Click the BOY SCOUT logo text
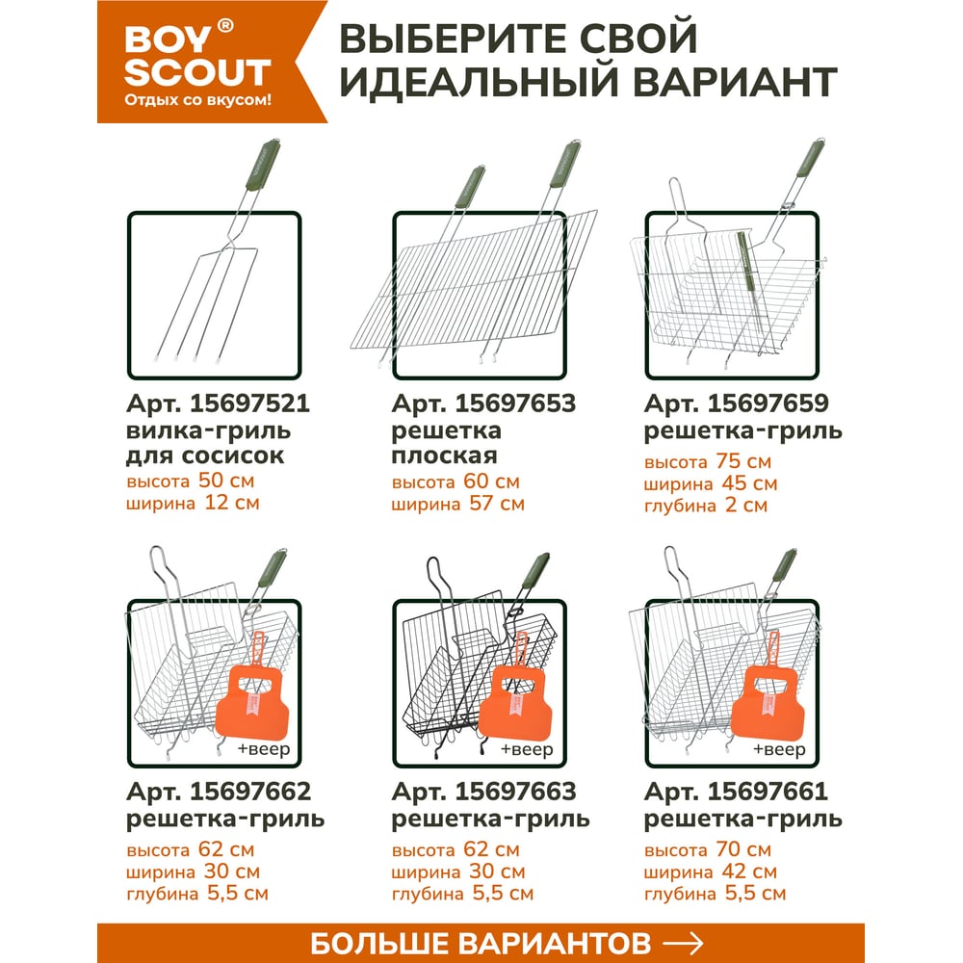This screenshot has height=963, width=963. coord(197,56)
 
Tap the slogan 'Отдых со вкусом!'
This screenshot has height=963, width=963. coord(197,100)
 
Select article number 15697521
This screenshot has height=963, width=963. coord(249,403)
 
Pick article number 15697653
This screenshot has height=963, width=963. coord(515,403)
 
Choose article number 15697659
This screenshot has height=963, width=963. coord(768,403)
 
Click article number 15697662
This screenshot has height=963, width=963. coord(250,792)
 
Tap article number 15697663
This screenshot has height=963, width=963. coord(515,792)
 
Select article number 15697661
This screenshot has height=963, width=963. coord(768,792)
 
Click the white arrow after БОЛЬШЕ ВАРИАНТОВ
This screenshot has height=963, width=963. coord(683,942)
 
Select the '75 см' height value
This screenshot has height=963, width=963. coord(743,461)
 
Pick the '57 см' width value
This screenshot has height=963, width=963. coord(497,504)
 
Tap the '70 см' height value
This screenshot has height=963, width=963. coord(743,849)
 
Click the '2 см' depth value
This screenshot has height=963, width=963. coord(745,505)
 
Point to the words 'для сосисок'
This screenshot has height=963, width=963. coord(205,455)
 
